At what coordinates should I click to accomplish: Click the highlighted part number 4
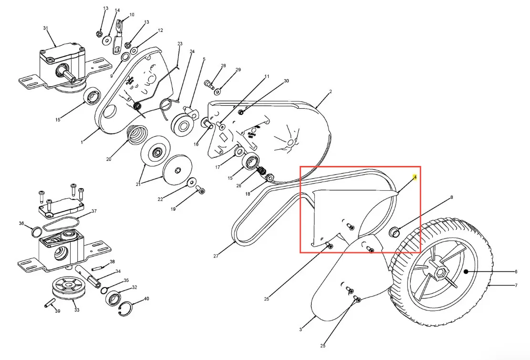pyautogui.click(x=415, y=177)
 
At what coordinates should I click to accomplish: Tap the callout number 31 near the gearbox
pyautogui.click(x=46, y=28)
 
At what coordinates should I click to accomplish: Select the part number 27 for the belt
pyautogui.click(x=216, y=256)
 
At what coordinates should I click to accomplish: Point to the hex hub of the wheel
pyautogui.click(x=440, y=271)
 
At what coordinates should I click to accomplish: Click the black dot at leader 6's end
pyautogui.click(x=466, y=271)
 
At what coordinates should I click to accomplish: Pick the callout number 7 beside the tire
pyautogui.click(x=516, y=285)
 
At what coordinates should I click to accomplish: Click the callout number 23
pyautogui.click(x=180, y=43)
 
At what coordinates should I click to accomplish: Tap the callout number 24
pyautogui.click(x=192, y=51)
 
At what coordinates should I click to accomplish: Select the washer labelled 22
pyautogui.click(x=192, y=182)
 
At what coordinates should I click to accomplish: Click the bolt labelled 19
pyautogui.click(x=200, y=190)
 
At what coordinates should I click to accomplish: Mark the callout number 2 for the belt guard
pyautogui.click(x=330, y=91)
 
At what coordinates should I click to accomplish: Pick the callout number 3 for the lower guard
pyautogui.click(x=301, y=329)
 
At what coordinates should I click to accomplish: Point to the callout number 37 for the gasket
pyautogui.click(x=94, y=211)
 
